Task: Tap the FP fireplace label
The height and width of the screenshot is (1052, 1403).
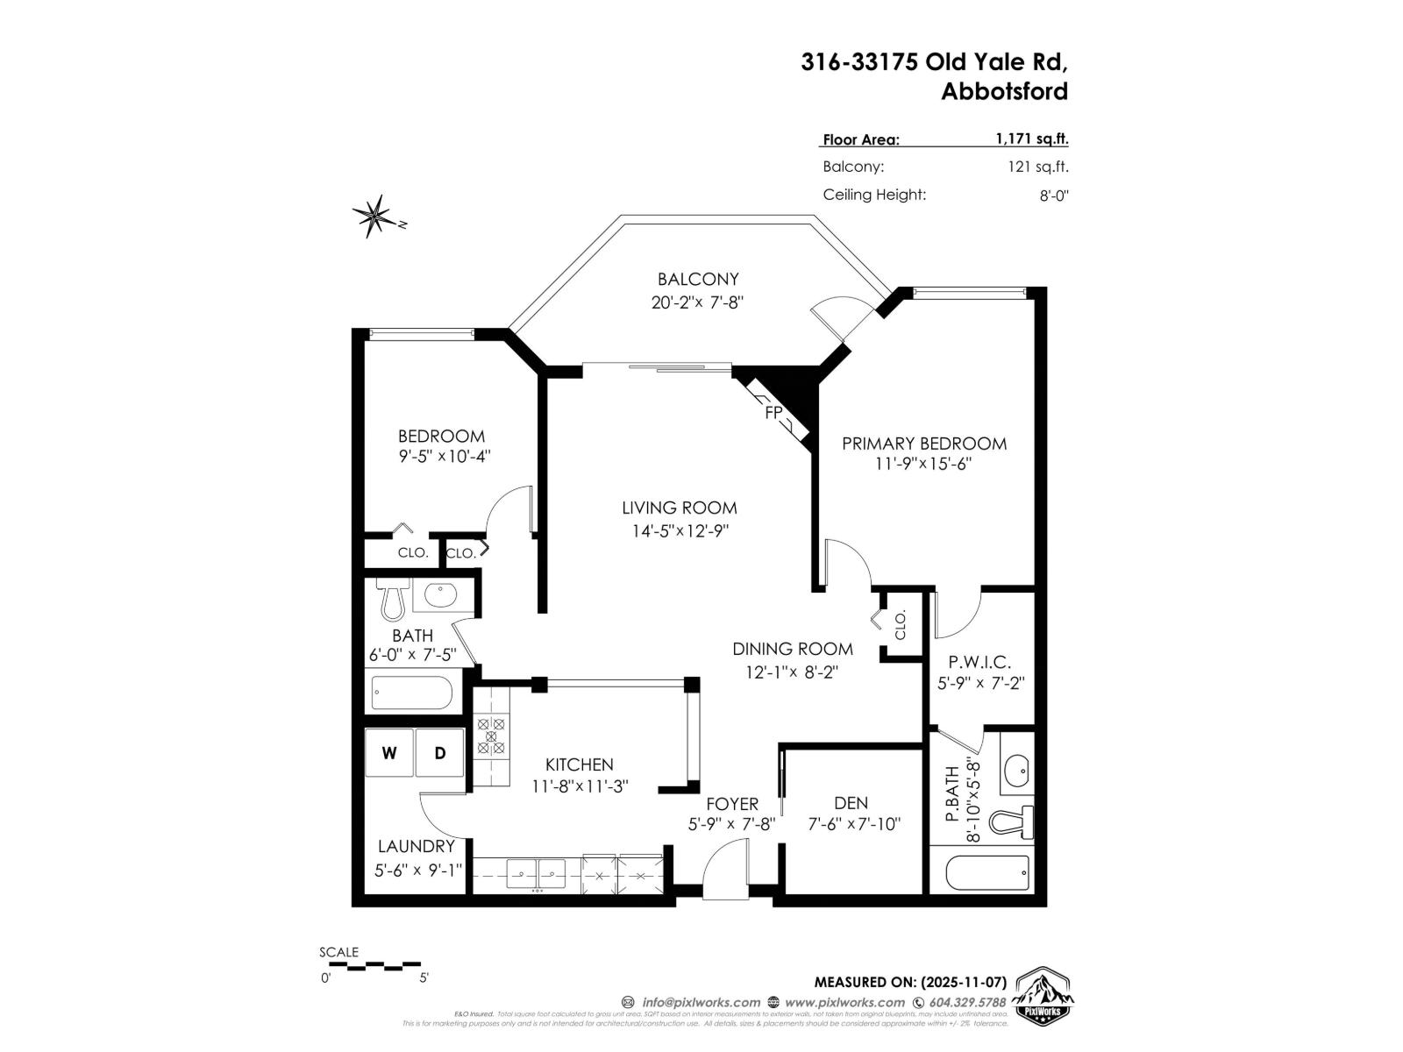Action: tap(773, 412)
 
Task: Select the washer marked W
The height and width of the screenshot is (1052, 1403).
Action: tap(389, 753)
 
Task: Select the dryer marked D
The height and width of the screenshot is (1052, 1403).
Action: tap(440, 753)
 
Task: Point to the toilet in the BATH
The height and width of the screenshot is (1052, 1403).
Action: tap(392, 599)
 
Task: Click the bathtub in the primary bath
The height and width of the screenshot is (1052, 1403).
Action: tap(987, 871)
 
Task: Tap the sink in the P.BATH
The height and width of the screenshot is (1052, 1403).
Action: tap(1017, 771)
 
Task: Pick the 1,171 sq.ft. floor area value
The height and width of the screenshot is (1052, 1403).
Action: tap(1031, 139)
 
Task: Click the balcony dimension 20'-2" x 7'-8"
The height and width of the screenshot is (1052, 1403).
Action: tap(698, 302)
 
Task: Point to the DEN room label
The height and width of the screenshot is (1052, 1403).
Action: tap(851, 803)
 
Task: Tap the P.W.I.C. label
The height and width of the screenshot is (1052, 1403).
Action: tap(979, 663)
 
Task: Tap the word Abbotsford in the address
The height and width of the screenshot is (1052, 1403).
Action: tap(1004, 91)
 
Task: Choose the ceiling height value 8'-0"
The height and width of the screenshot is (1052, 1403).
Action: tap(1053, 195)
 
